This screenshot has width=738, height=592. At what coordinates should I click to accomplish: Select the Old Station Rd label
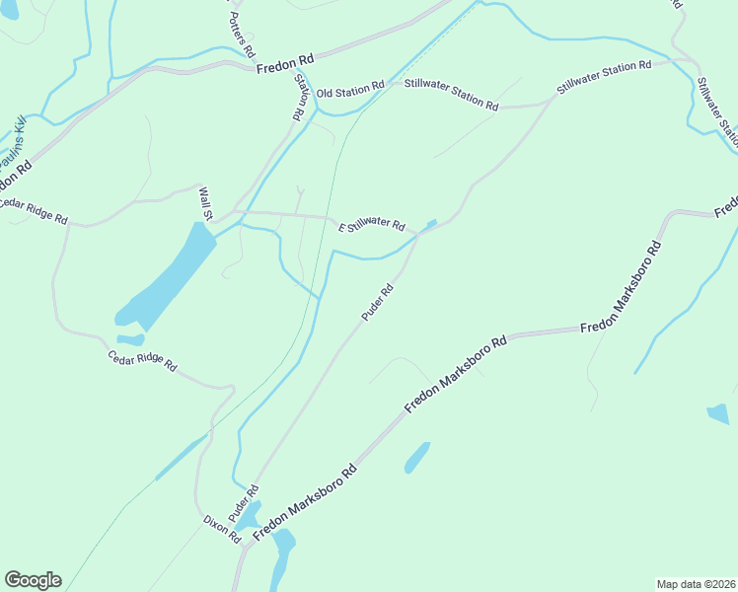click(x=350, y=91)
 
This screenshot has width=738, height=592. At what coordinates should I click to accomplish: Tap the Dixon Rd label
click(x=221, y=529)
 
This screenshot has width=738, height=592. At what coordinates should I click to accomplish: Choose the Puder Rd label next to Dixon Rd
click(x=243, y=503)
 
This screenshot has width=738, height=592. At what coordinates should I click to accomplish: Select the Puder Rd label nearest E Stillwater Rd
click(x=378, y=302)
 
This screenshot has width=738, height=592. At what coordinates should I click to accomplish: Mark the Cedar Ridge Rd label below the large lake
click(x=142, y=360)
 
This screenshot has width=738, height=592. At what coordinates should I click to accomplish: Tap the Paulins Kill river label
click(x=12, y=143)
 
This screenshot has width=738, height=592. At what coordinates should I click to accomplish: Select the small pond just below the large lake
click(x=130, y=340)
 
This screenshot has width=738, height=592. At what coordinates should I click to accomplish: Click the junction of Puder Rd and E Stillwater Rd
click(x=419, y=234)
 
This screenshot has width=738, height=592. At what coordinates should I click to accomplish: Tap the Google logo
click(x=33, y=580)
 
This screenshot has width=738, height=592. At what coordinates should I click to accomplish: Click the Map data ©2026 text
click(x=695, y=583)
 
